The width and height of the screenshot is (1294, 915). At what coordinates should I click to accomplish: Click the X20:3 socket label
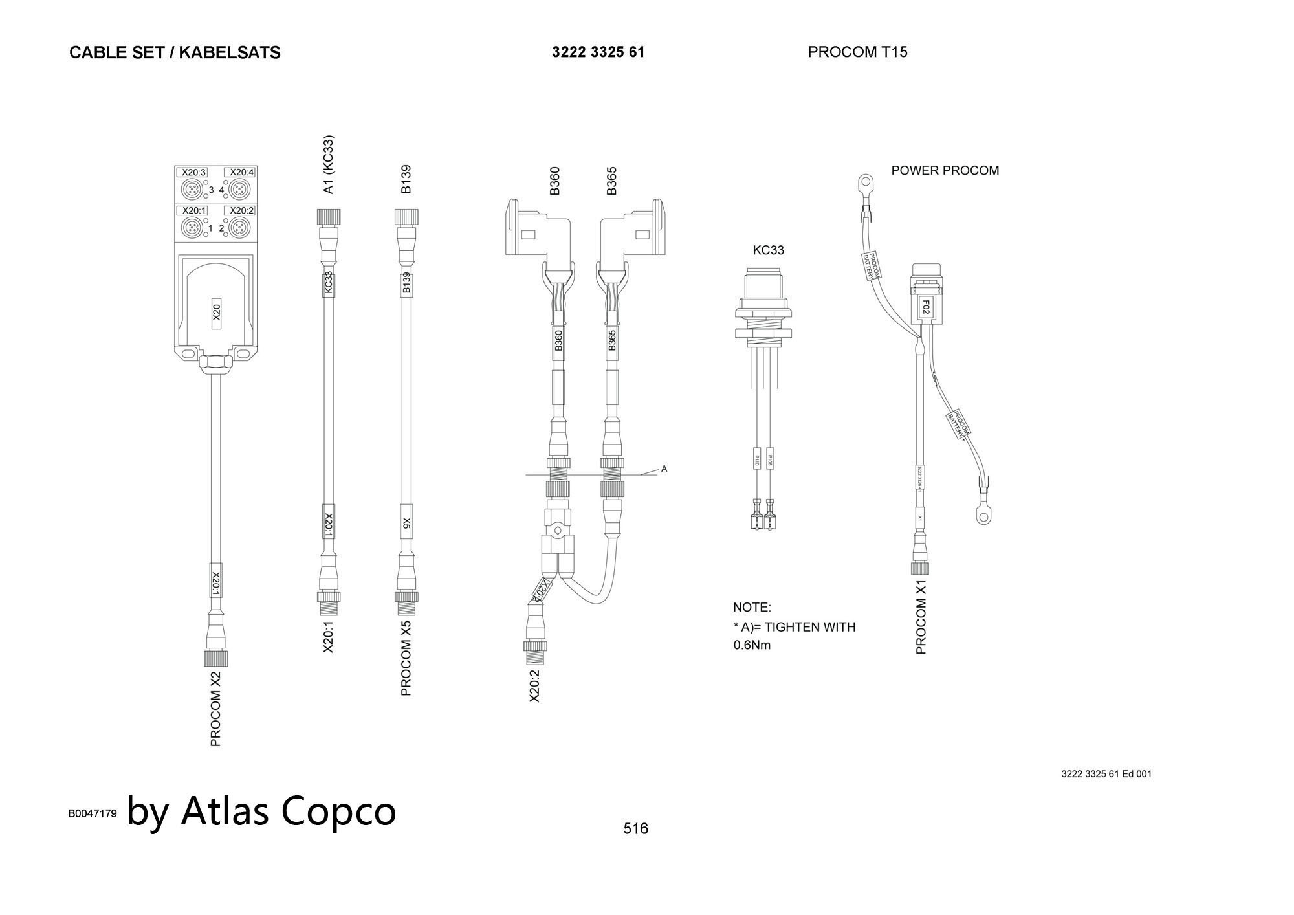point(193,172)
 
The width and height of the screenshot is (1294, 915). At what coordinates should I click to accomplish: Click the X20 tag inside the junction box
point(217,313)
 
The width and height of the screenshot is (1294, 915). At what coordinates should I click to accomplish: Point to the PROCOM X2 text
point(216,709)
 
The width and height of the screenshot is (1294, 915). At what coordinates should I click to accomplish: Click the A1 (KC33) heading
point(329,164)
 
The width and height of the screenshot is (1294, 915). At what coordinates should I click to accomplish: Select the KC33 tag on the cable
point(329,282)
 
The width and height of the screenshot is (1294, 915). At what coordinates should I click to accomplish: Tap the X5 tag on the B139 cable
point(406,522)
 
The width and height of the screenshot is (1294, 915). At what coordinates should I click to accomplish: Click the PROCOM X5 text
point(406,659)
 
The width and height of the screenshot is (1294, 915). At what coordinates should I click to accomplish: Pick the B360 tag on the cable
point(558,340)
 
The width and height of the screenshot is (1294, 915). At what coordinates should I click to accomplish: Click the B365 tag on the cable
point(612,340)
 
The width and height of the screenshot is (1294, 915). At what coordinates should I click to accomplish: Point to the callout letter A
point(664,469)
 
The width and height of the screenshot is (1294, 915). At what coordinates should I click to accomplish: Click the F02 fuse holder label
point(925,307)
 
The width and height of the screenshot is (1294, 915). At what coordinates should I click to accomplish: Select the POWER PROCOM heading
point(945,171)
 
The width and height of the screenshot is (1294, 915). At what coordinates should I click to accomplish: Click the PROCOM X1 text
point(921,617)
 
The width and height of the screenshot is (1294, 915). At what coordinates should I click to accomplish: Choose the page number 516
point(635,829)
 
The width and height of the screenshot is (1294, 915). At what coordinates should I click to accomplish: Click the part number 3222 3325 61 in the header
point(598,52)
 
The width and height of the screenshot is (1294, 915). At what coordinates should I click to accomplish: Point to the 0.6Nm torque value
point(752,645)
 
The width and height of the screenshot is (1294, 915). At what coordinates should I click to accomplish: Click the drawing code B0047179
point(93,814)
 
